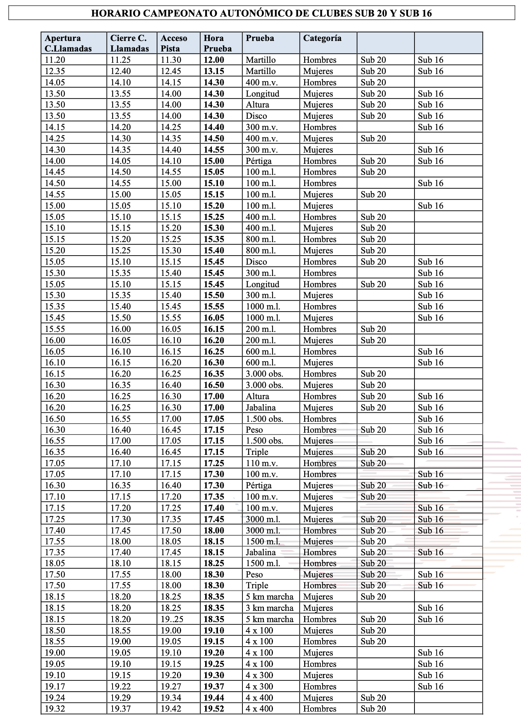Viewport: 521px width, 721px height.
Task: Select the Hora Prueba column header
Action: point(218,43)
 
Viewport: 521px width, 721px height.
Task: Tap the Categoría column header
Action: point(322,38)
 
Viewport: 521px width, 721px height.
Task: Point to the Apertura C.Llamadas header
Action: point(68,43)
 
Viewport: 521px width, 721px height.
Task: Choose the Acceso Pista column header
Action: point(174,43)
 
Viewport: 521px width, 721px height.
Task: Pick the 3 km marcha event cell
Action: point(270,608)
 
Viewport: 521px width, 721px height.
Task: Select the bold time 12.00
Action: point(214,60)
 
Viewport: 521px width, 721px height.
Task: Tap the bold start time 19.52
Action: point(214,709)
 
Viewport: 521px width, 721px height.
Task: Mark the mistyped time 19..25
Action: point(171,619)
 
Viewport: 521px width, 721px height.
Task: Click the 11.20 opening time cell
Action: point(55,60)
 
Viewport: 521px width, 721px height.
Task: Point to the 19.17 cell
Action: point(55,686)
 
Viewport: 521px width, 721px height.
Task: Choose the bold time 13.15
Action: point(214,71)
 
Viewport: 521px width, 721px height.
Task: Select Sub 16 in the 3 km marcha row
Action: point(431,608)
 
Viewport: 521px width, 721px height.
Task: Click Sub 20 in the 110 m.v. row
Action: point(373,463)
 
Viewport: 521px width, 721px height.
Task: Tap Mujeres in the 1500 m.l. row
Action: point(318,541)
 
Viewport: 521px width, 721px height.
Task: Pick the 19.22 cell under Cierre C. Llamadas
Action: point(120,686)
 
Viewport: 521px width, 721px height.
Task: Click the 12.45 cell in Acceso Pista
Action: point(171,71)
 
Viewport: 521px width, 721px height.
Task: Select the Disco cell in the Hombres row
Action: point(256,262)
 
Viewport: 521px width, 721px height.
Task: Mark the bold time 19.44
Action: point(214,698)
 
